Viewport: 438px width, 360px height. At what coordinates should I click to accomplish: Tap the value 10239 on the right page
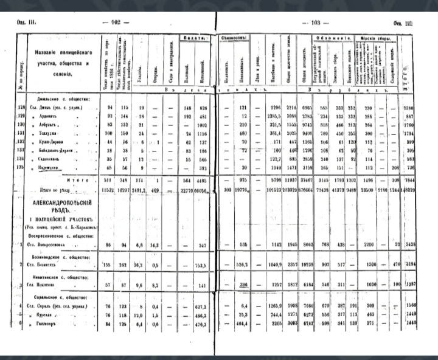307,266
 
